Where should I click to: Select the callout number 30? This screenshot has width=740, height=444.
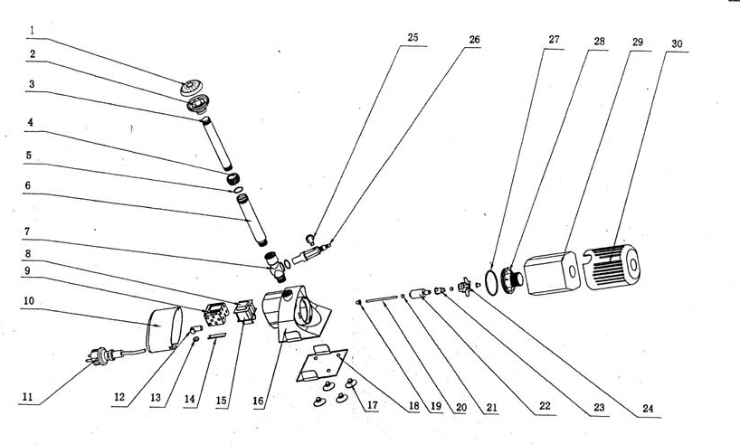[678, 43]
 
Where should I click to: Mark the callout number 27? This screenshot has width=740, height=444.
[555, 42]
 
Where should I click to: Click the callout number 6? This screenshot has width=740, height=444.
[31, 184]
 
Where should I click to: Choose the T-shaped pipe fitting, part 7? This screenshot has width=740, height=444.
[275, 264]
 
